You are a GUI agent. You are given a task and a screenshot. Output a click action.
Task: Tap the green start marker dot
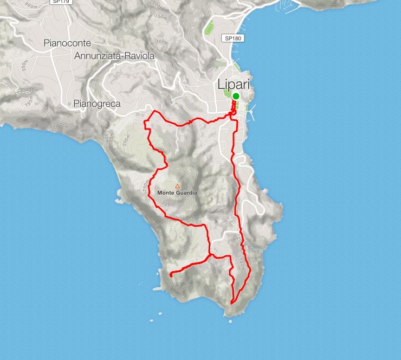coord(236,97)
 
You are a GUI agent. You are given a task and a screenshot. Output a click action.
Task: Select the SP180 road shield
coord(234,38)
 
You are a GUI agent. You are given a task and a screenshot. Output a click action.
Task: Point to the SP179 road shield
coord(60,2)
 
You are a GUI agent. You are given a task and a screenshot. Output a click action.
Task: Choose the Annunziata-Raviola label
coord(114,56)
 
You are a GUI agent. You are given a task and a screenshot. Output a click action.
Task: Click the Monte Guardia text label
coord(177,192)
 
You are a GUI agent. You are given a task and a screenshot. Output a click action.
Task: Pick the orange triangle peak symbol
coord(177,186)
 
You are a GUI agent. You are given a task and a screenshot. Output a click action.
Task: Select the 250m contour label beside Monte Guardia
coord(146,186)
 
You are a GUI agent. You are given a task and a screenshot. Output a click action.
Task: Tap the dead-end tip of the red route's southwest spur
coord(170,275)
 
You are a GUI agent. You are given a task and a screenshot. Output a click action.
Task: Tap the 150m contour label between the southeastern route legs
coord(242,265)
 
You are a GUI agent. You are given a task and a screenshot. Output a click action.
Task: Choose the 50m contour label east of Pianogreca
coord(170,100)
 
